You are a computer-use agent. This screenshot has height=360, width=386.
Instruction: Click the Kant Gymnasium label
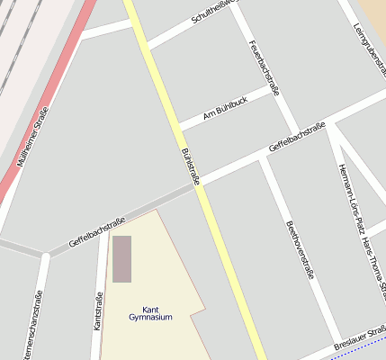pos(150,313)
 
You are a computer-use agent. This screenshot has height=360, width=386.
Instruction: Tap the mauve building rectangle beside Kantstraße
pos(121,258)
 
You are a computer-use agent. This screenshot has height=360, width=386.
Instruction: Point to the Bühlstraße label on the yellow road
pos(191,166)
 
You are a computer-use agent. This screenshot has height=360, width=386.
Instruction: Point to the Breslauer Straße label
pos(360,339)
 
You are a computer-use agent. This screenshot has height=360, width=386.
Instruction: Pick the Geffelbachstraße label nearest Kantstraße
pos(96,232)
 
